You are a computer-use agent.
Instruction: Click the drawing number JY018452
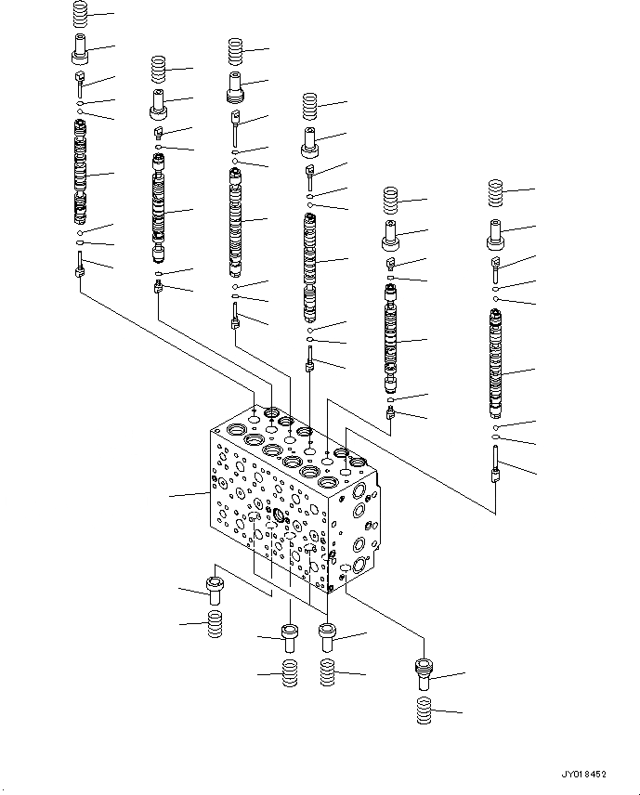[x=584, y=773]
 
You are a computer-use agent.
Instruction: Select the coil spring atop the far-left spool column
[x=81, y=14]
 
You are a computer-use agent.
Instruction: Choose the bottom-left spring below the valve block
[x=215, y=623]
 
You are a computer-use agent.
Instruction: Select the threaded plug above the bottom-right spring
[x=423, y=672]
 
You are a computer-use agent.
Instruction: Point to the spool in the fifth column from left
[x=391, y=339]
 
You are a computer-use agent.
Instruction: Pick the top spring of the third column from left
[x=234, y=49]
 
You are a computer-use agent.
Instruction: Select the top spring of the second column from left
[x=158, y=69]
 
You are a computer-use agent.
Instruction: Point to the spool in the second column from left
[x=160, y=209]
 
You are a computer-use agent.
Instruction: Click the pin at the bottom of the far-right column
[x=497, y=464]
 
